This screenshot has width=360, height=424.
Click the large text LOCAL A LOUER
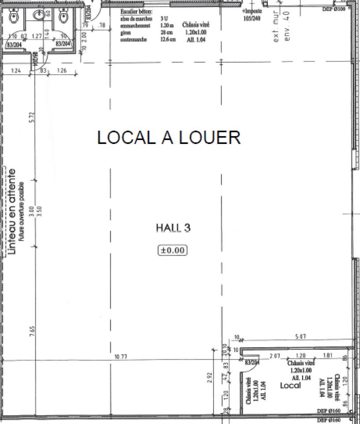169,137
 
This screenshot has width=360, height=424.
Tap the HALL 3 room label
173,228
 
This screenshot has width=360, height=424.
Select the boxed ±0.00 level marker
172,250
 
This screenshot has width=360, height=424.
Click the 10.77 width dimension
116,356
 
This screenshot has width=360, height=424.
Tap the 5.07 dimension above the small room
300,337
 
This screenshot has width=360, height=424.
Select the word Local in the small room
291,386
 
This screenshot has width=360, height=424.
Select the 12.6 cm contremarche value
169,40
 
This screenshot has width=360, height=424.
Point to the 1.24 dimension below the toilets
16,71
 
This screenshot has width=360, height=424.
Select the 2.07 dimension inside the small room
275,356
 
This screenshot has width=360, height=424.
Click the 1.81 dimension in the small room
328,356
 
